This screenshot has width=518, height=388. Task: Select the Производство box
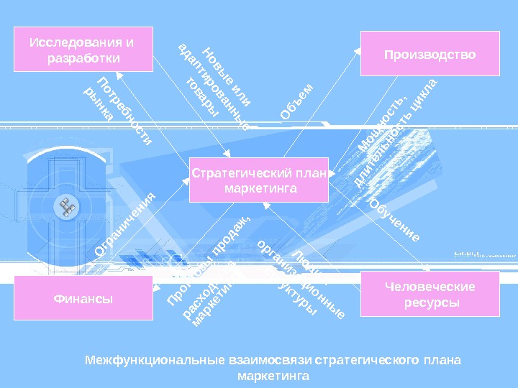pyautogui.click(x=430, y=53)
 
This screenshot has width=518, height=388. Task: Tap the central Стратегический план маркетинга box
pyautogui.click(x=258, y=180)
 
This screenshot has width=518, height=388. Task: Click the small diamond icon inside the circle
pyautogui.click(x=68, y=208)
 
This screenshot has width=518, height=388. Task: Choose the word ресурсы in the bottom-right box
pyautogui.click(x=430, y=302)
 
